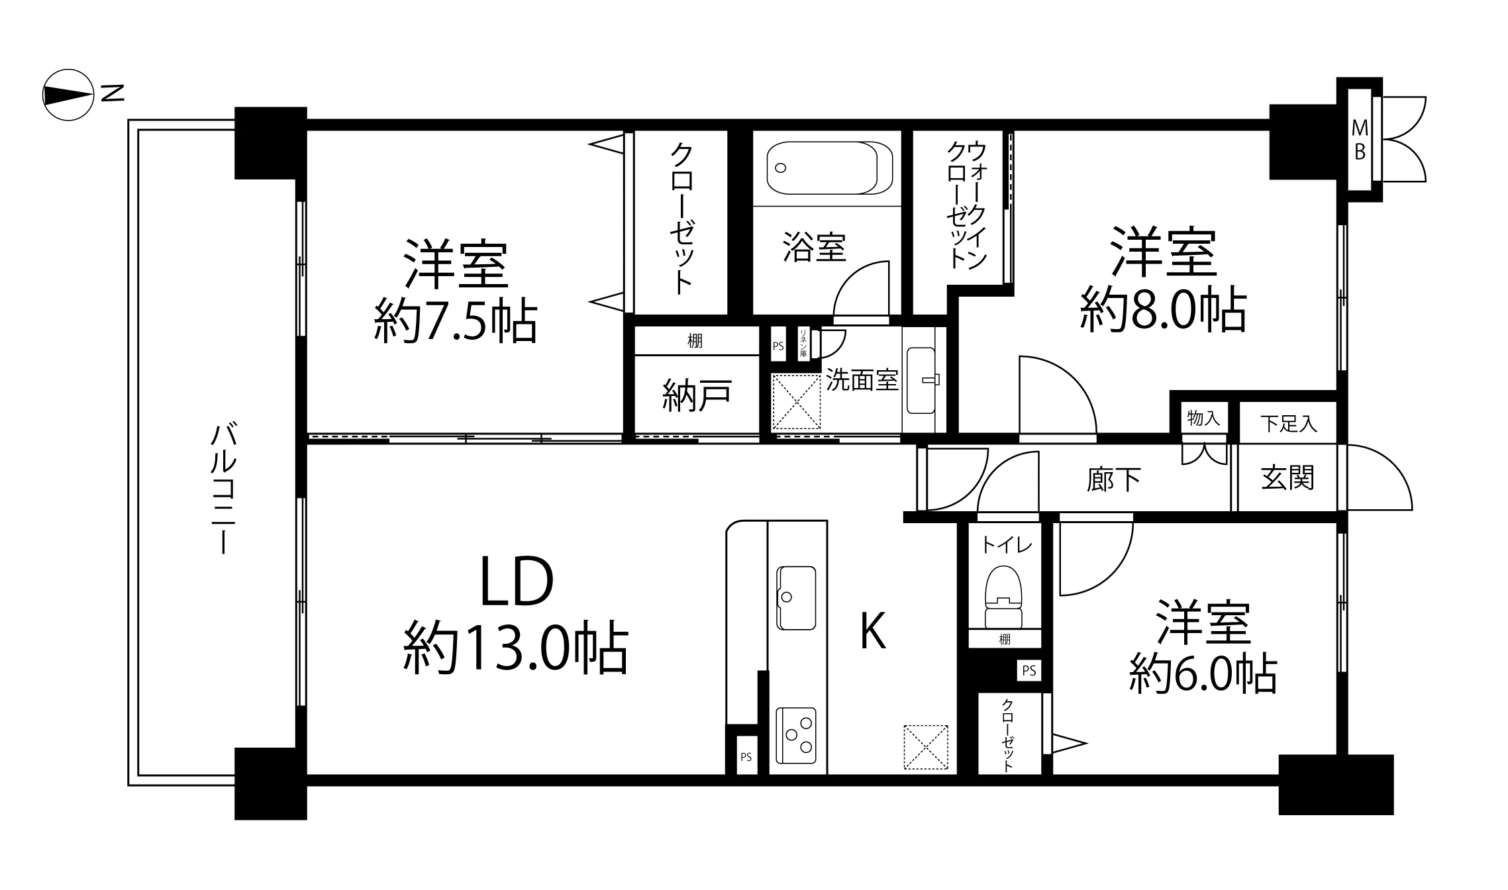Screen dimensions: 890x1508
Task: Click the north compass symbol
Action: click(68, 95)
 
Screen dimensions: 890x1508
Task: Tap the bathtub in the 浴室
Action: click(829, 168)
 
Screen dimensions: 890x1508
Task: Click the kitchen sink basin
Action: click(796, 597)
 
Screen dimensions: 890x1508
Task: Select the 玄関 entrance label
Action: click(1287, 478)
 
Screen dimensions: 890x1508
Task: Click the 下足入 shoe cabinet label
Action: click(1288, 424)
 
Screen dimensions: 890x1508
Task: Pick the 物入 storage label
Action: click(1203, 418)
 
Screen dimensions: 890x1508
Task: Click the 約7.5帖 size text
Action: click(455, 322)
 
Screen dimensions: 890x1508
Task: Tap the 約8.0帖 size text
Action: click(1163, 309)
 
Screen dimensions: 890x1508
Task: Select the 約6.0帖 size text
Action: click(1203, 673)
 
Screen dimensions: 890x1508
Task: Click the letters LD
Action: click(517, 582)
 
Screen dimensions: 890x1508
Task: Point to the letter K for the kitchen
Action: click(873, 631)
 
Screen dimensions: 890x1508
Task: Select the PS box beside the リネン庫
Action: click(778, 346)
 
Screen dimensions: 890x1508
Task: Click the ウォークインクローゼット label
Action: click(966, 205)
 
